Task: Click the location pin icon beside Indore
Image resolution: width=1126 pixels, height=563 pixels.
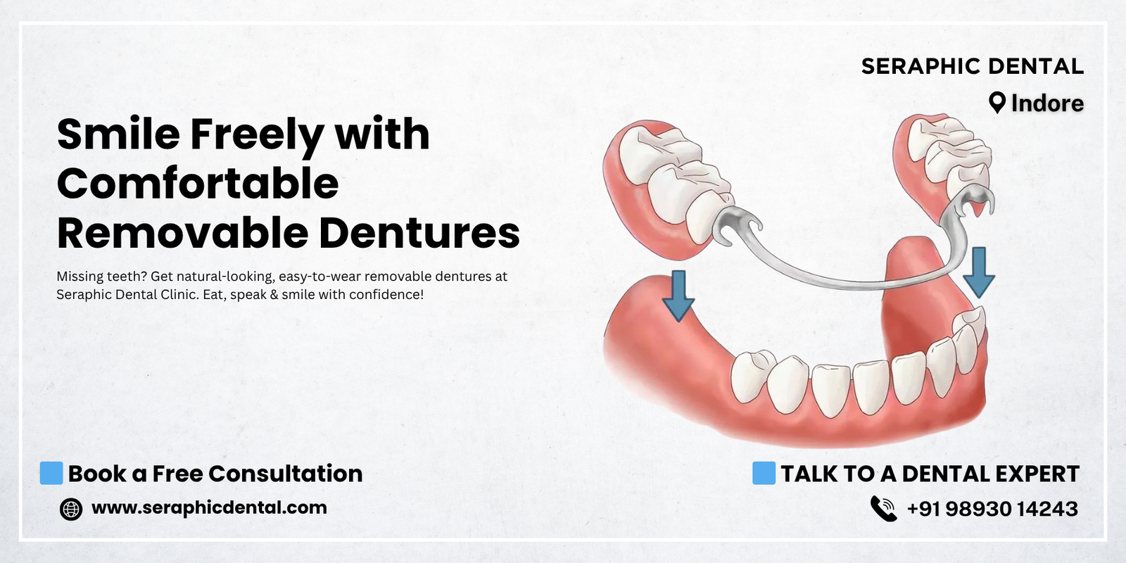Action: click(x=997, y=103)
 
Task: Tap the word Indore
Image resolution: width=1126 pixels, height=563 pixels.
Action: click(x=1048, y=103)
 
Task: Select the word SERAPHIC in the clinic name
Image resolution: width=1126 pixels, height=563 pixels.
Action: click(x=921, y=66)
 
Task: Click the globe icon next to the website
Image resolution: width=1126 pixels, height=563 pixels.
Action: click(x=71, y=509)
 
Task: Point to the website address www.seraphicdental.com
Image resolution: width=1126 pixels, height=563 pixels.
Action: click(x=209, y=507)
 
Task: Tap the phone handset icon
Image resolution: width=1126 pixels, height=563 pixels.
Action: click(x=883, y=508)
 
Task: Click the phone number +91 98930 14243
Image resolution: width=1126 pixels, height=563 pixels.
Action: click(x=992, y=509)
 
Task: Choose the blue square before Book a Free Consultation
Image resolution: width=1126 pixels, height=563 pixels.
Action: click(x=51, y=473)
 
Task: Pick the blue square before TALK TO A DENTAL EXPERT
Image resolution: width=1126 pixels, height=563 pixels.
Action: click(x=764, y=473)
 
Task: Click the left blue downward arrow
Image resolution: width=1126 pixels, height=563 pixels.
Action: click(x=678, y=296)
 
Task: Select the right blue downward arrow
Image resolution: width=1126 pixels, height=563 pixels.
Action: click(x=979, y=272)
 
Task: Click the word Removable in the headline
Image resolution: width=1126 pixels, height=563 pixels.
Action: click(x=182, y=233)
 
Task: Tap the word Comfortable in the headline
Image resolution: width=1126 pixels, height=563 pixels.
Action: click(x=198, y=183)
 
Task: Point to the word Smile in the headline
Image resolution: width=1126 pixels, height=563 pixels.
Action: click(x=119, y=134)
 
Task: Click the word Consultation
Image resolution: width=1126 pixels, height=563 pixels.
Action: click(x=286, y=474)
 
